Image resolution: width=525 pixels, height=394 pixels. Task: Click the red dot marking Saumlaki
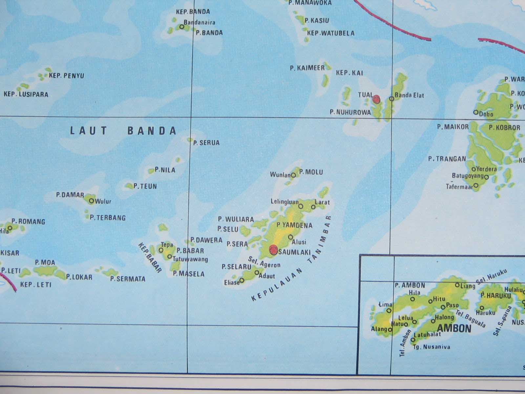(273, 250)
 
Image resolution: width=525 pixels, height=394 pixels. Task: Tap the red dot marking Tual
(376, 98)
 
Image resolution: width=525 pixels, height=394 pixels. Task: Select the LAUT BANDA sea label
(123, 131)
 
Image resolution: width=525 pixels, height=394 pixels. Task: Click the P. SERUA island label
(206, 143)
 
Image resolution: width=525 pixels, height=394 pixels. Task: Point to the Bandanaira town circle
(182, 27)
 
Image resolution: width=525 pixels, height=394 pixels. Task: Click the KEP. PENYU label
(66, 76)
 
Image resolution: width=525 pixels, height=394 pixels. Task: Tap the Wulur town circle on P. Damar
(91, 201)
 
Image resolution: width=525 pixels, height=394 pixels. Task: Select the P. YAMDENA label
(294, 225)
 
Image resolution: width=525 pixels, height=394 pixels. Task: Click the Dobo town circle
(476, 112)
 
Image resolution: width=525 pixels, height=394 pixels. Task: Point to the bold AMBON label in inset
(454, 328)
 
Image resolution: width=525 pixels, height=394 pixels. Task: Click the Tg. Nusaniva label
(431, 347)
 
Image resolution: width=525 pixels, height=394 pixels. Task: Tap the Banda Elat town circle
(391, 98)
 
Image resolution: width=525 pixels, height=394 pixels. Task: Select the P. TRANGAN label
(447, 159)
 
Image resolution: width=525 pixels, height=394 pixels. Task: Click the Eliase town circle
(242, 280)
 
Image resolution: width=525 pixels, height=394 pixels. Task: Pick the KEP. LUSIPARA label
(26, 95)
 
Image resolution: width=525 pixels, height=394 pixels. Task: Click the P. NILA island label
(165, 170)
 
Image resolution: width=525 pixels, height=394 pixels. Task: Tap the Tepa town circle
(161, 250)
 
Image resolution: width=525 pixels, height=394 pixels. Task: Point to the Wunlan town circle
(293, 175)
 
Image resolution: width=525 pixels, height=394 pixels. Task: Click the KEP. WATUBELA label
(331, 33)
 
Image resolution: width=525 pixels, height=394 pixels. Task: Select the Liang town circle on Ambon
(457, 285)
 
